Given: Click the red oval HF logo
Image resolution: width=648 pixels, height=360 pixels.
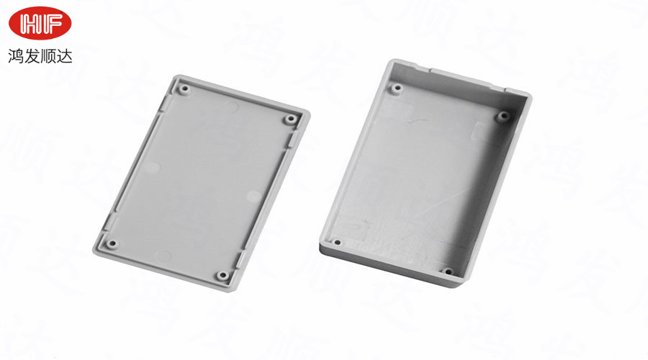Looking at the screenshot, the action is tap(40, 23).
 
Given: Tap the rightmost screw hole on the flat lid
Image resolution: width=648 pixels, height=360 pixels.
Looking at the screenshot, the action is tap(291, 120).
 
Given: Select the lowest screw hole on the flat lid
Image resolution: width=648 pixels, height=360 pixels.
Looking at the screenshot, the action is tap(222, 275).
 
